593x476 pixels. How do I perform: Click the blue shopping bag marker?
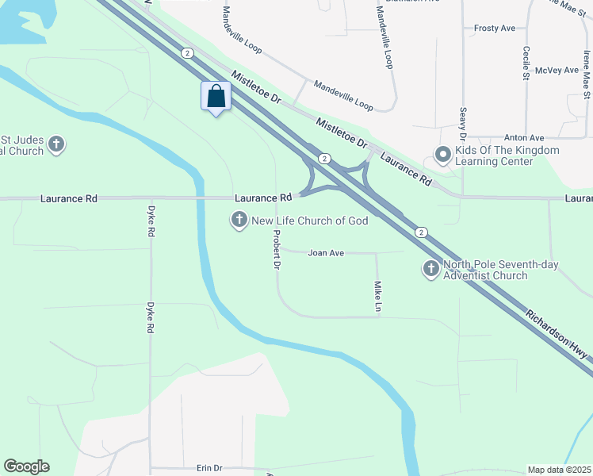[216, 98]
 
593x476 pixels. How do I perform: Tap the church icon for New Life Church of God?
[239, 220]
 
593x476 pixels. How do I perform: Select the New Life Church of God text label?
[310, 221]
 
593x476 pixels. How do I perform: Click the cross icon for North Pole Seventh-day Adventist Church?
[430, 270]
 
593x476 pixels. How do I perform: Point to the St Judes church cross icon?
[55, 144]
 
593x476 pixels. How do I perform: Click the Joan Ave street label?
[326, 253]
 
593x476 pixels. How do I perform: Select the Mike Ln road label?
[379, 296]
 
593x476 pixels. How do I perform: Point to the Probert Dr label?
[277, 250]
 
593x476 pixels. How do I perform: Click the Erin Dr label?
[209, 469]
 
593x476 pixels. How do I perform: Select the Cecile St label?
[526, 63]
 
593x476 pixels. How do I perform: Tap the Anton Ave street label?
[526, 137]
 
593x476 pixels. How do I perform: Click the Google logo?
[26, 466]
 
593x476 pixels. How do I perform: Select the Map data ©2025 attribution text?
[559, 470]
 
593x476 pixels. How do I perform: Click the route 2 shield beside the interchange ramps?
[324, 159]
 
